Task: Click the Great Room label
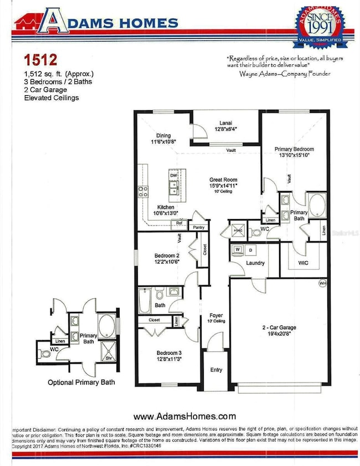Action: click(x=223, y=180)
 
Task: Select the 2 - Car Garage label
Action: click(x=282, y=327)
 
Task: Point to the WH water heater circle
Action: click(x=322, y=283)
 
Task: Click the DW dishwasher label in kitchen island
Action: click(x=173, y=175)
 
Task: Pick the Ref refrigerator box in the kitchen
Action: click(x=179, y=223)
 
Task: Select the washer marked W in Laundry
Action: click(x=238, y=250)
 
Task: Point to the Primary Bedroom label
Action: click(x=295, y=149)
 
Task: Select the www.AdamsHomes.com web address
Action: click(x=185, y=416)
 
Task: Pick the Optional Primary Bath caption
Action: click(x=81, y=382)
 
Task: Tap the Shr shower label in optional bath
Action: click(x=109, y=358)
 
